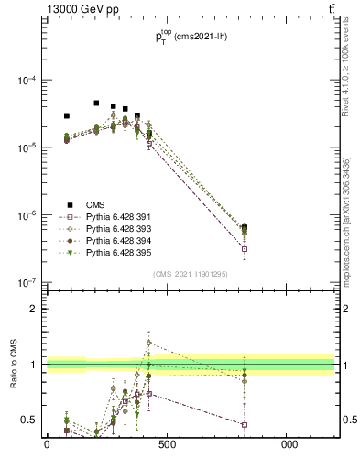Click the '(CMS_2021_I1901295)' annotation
click(x=190, y=273)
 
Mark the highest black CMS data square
click(x=96, y=104)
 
